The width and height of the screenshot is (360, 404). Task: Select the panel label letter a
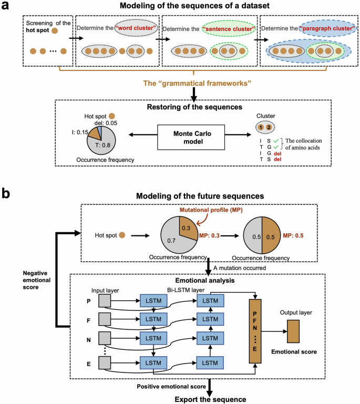tap(6, 6)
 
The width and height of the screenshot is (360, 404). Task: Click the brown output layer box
tap(293, 332)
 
